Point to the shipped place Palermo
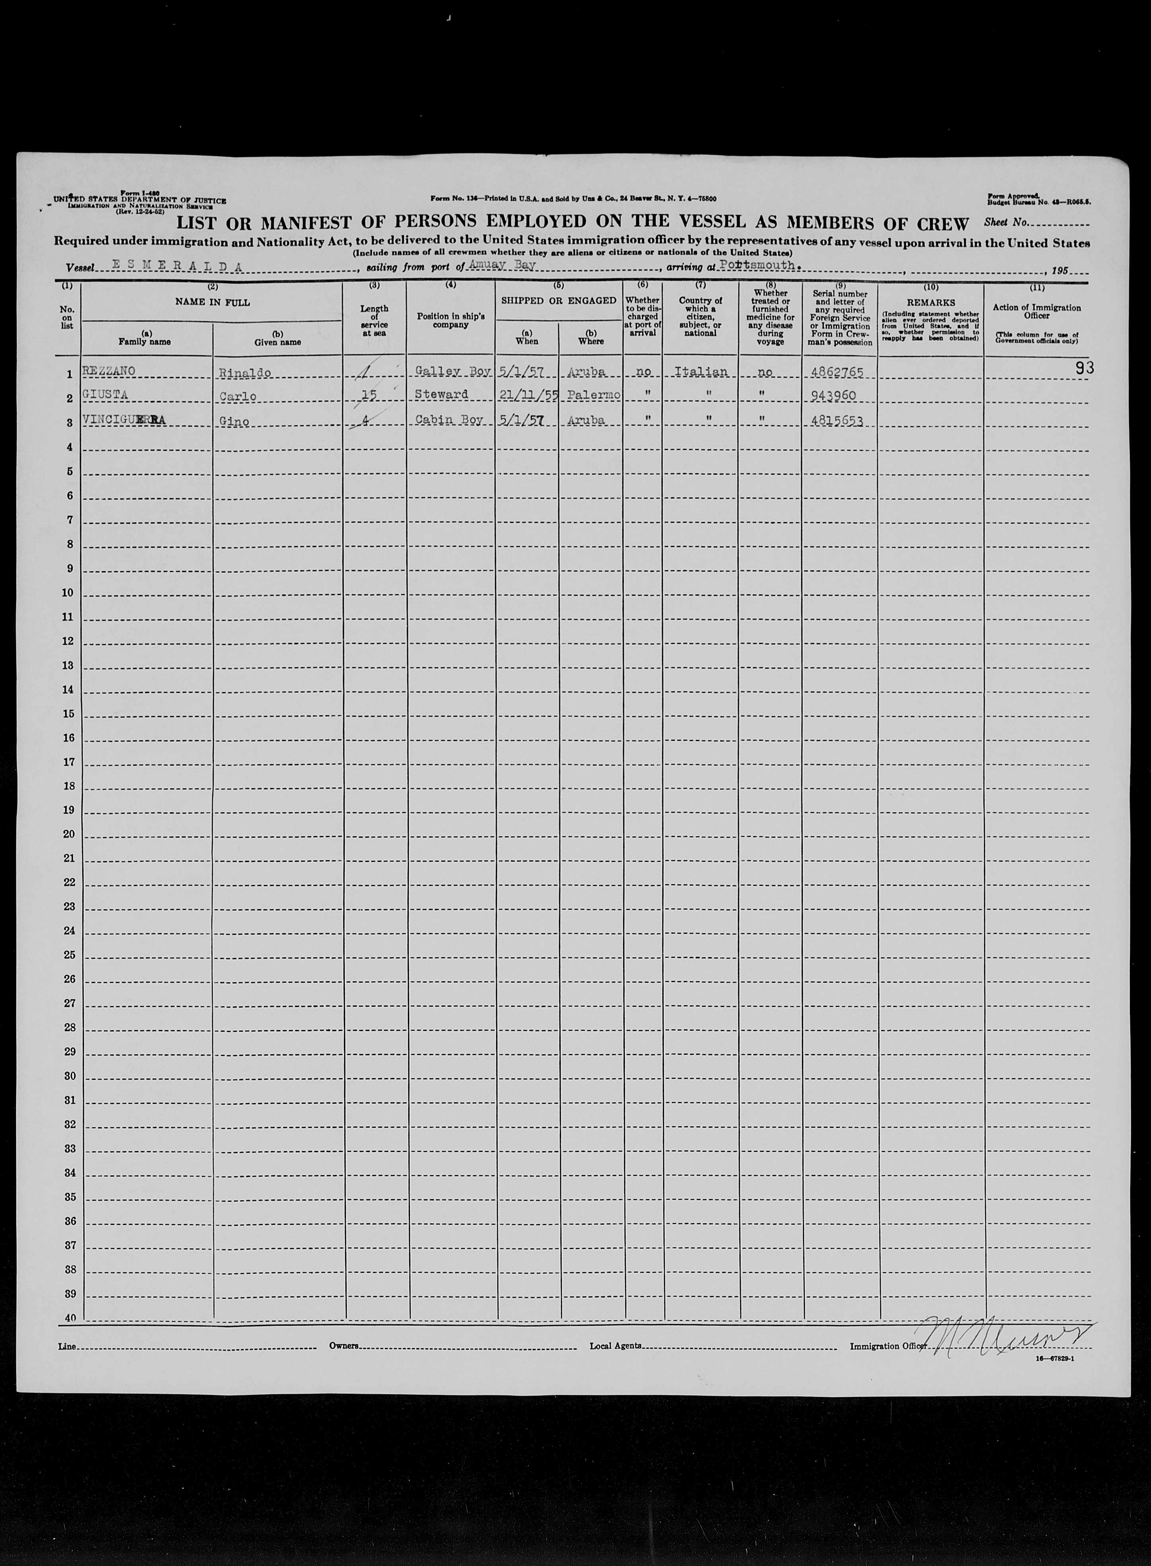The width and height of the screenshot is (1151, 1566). click(x=591, y=396)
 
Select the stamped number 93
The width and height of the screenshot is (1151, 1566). click(x=1083, y=368)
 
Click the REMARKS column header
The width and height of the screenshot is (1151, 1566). click(x=931, y=303)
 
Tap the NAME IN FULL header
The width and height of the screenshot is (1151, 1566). click(x=212, y=302)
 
